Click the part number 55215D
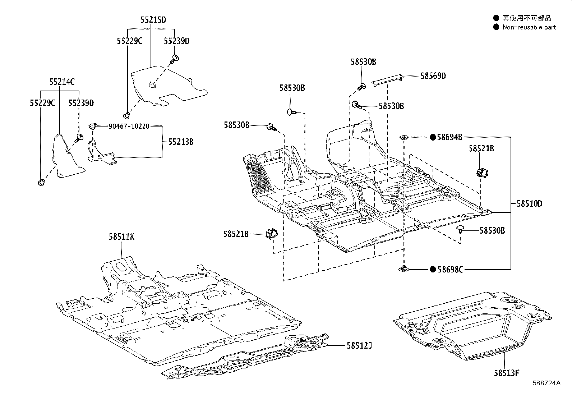pos(153,20)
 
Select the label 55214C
pos(62,82)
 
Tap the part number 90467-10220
pos(129,126)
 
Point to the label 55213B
pos(181,142)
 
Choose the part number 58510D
pos(529,203)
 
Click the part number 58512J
pos(359,346)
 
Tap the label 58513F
pos(507,373)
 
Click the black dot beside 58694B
pos(433,137)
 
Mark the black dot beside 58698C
pos(433,269)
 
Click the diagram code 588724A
pos(546,383)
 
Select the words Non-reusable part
pos(529,27)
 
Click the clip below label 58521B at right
pos(482,172)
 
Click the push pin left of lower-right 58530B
pos(461,229)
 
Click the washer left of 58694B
pos(404,137)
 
